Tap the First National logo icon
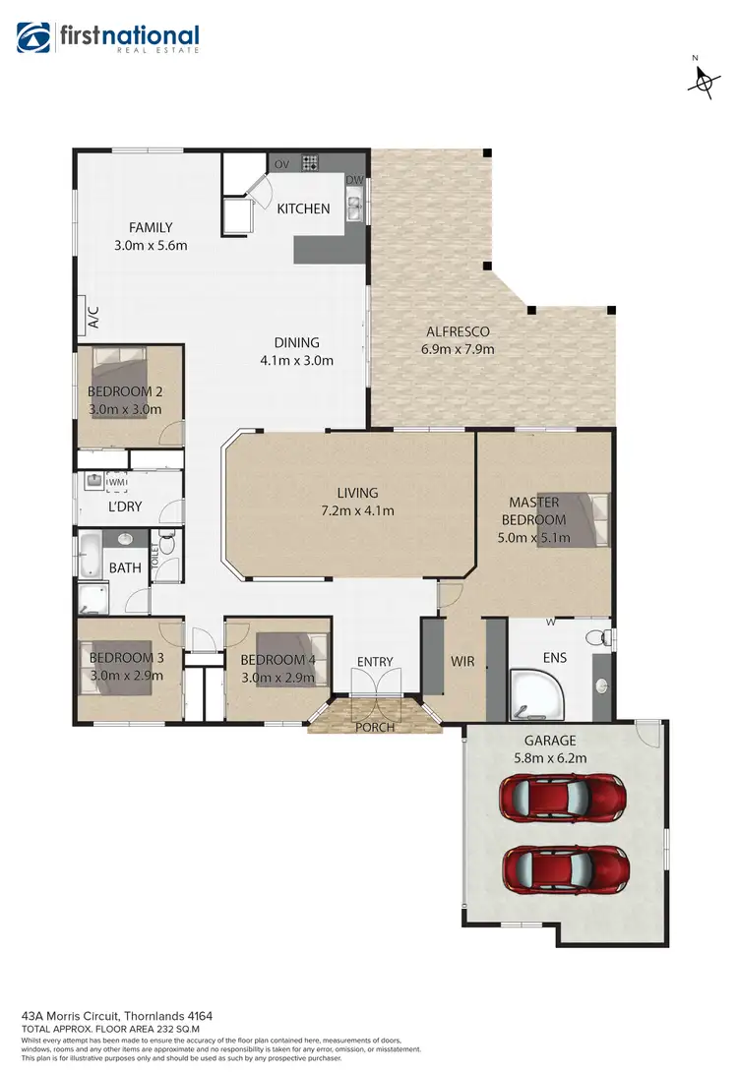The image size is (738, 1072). point(32,37)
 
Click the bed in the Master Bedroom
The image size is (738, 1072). point(587,518)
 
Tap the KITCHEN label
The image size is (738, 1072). point(303,208)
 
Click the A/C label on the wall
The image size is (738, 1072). point(93,318)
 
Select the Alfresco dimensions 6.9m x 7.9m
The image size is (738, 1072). point(459,349)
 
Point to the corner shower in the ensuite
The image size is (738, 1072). point(533,692)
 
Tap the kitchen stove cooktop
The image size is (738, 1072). point(312,163)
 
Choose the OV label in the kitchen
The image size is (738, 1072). point(280,163)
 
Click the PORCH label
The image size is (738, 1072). point(375,728)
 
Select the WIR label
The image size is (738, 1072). point(462,662)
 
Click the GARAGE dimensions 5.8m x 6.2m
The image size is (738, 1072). point(551,758)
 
